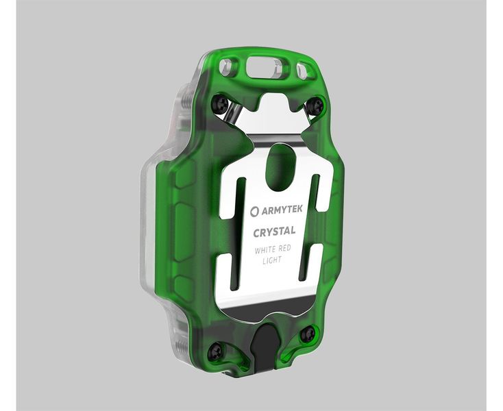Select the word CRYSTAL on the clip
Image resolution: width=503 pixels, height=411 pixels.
point(274,232)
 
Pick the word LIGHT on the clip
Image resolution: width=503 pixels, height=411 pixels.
point(274,261)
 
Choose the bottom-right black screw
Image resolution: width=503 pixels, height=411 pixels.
point(308,334)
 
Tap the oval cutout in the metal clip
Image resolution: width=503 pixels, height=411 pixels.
point(282,165)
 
